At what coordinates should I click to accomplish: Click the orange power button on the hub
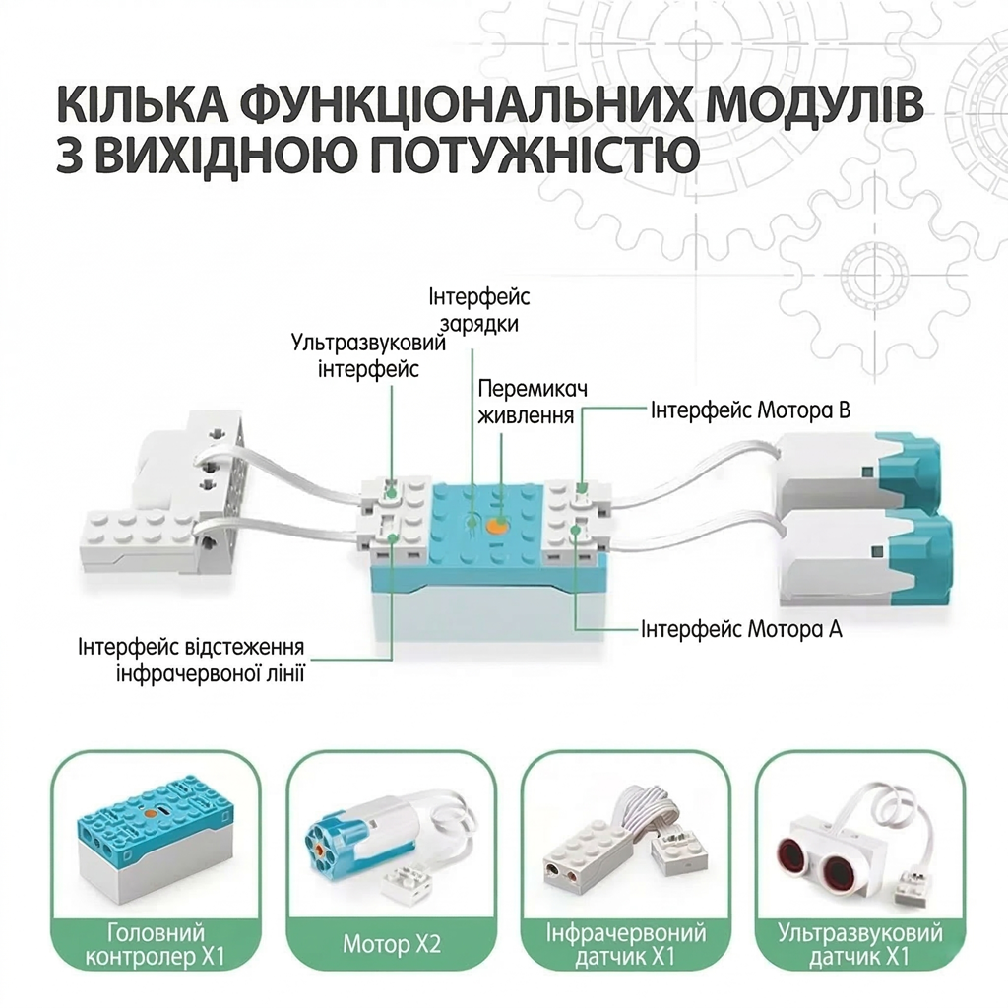(496, 525)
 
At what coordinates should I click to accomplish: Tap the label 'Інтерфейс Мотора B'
(750, 410)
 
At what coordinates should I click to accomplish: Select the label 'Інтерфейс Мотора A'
(741, 629)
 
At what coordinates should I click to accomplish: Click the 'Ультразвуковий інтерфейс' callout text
(368, 354)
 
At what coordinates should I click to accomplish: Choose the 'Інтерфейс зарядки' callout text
(479, 310)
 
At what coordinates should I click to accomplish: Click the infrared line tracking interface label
(192, 660)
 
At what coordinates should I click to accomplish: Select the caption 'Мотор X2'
(392, 944)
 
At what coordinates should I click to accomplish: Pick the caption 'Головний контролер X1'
(156, 944)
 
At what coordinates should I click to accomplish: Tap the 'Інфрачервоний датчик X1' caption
(626, 944)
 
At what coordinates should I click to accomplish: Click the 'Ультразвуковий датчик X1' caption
(860, 944)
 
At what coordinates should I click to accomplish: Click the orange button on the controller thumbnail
(150, 795)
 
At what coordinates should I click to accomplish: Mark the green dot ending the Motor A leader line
(575, 530)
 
